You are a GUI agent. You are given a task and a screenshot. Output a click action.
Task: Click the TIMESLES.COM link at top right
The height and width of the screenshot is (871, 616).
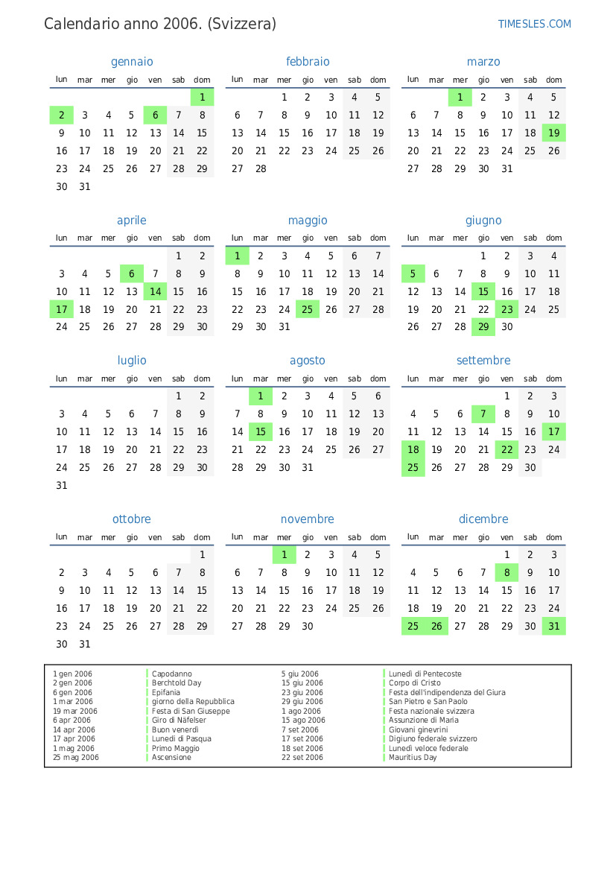[x=534, y=24]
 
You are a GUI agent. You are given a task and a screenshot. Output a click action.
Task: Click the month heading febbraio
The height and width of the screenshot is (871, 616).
[x=308, y=62]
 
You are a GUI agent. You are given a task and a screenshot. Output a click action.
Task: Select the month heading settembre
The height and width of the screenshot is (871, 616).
[x=483, y=361]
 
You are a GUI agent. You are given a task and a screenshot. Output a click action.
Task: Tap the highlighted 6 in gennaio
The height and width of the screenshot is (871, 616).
[x=155, y=115]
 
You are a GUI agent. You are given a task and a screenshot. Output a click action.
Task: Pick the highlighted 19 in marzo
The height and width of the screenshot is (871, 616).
[x=553, y=133]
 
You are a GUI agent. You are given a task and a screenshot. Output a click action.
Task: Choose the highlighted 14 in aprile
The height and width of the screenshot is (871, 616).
[x=155, y=291]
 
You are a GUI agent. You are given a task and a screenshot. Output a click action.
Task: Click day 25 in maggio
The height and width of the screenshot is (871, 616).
[x=308, y=309]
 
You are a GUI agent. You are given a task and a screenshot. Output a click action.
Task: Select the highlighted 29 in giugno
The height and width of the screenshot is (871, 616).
[x=483, y=326]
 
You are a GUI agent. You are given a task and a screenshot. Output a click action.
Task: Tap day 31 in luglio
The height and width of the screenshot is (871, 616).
[x=62, y=485]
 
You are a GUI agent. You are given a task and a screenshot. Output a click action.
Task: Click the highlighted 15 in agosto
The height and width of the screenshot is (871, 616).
[x=261, y=431]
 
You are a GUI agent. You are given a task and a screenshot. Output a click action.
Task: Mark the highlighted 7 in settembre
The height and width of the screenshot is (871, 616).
[x=483, y=414]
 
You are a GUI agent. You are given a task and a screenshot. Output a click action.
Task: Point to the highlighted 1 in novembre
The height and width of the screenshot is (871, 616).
[x=284, y=554]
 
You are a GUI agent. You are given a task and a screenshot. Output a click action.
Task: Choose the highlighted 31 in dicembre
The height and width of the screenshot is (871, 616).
[x=553, y=626]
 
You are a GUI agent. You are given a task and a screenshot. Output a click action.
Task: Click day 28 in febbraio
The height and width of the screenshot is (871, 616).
[x=261, y=168]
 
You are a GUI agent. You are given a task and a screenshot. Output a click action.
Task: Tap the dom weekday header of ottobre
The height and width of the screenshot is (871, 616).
[x=202, y=537]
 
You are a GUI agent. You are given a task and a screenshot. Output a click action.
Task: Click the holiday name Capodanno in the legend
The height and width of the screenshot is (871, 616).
[x=171, y=674]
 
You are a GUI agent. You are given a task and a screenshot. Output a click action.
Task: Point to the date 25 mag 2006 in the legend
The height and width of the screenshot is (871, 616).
[x=76, y=758]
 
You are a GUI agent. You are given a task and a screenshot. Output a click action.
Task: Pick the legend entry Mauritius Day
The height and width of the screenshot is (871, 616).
[x=413, y=758]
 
